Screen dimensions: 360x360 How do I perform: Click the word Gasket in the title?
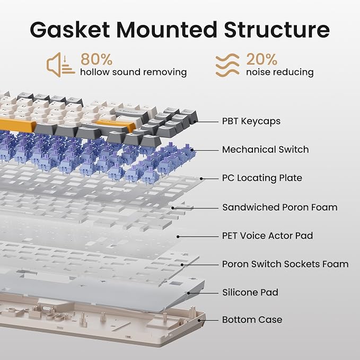70,30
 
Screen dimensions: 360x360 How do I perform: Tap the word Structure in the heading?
277,30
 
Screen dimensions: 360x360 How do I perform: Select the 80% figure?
96,59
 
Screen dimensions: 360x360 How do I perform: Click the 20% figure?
262,59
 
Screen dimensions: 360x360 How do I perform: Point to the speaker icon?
60,65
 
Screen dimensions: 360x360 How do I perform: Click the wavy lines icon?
227,65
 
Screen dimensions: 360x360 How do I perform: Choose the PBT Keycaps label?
251,121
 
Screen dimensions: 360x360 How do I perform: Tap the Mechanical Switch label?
266,150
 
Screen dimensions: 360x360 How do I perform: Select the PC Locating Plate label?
262,178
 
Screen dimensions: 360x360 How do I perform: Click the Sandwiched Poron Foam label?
280,207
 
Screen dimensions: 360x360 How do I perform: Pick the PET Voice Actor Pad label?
267,236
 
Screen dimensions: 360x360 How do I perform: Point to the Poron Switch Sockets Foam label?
285,264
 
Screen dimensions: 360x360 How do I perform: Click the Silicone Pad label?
250,293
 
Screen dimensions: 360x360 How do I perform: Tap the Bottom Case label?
252,320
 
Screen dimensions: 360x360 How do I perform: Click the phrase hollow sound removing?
134,72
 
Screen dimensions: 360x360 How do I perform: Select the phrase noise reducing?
280,72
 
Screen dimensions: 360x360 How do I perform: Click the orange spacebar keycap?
17,126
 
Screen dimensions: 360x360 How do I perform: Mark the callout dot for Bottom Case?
199,321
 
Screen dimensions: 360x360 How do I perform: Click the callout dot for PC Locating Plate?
201,179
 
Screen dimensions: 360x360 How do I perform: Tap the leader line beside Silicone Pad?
203,293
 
